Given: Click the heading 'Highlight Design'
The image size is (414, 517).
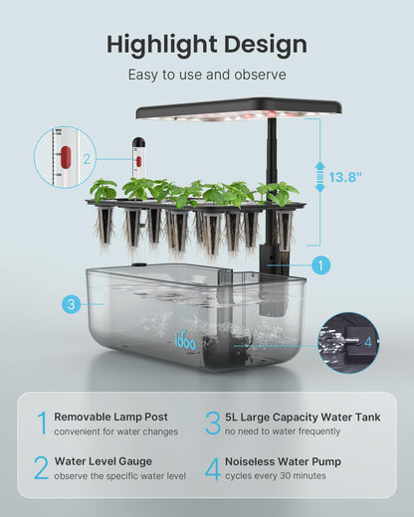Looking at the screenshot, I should click(207, 44).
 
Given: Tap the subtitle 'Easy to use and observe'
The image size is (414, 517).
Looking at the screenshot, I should click(207, 75).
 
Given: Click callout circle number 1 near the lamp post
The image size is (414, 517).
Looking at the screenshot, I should click(319, 265).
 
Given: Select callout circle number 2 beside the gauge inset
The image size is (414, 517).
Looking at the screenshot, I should click(87, 158).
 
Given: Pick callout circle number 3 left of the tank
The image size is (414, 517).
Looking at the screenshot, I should click(71, 305).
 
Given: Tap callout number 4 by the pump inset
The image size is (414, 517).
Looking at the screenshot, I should click(367, 342).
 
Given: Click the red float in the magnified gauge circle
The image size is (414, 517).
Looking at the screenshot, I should click(66, 156).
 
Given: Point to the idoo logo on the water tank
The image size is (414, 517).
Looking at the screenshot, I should click(187, 339).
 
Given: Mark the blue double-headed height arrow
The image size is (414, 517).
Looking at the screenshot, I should click(320, 178).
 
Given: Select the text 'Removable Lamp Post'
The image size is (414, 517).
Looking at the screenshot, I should click(111, 417).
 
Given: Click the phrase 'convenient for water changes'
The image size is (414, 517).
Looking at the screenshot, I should click(115, 431).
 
